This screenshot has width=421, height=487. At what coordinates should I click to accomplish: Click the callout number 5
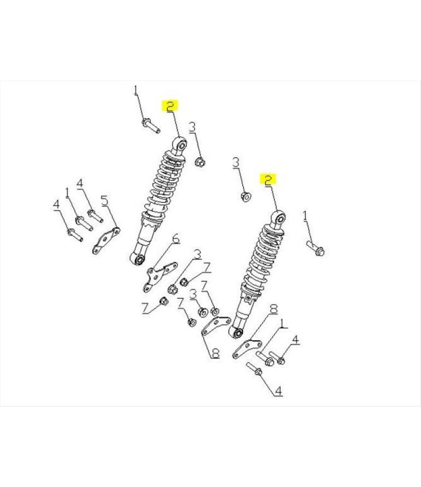(x=105, y=201)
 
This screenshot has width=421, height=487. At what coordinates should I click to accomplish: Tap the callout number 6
(x=176, y=239)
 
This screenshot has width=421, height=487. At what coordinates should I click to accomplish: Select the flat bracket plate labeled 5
(x=106, y=241)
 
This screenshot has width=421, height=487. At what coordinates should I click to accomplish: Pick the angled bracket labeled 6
(x=160, y=276)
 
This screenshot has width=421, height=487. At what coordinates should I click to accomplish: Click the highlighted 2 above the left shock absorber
(x=170, y=106)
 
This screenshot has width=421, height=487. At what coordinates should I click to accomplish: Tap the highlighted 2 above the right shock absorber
(x=268, y=180)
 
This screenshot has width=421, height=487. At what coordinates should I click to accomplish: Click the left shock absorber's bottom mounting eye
(x=137, y=258)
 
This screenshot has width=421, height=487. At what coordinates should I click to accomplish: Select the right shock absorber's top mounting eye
(x=278, y=218)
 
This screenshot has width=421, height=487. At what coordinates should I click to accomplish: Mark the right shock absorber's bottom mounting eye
(x=236, y=333)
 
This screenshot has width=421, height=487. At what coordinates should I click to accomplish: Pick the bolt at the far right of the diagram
(x=315, y=249)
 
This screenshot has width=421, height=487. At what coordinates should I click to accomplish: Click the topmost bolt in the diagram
(x=151, y=125)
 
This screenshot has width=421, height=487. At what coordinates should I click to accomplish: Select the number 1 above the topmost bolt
(x=136, y=90)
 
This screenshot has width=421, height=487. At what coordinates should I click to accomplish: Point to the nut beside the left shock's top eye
(x=200, y=162)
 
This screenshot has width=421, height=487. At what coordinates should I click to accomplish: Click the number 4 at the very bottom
(x=278, y=391)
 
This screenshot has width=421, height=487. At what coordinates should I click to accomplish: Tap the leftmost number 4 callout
(x=56, y=204)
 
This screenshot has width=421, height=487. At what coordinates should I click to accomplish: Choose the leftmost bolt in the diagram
(x=75, y=235)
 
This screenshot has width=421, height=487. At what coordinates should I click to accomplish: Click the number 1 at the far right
(x=305, y=215)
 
